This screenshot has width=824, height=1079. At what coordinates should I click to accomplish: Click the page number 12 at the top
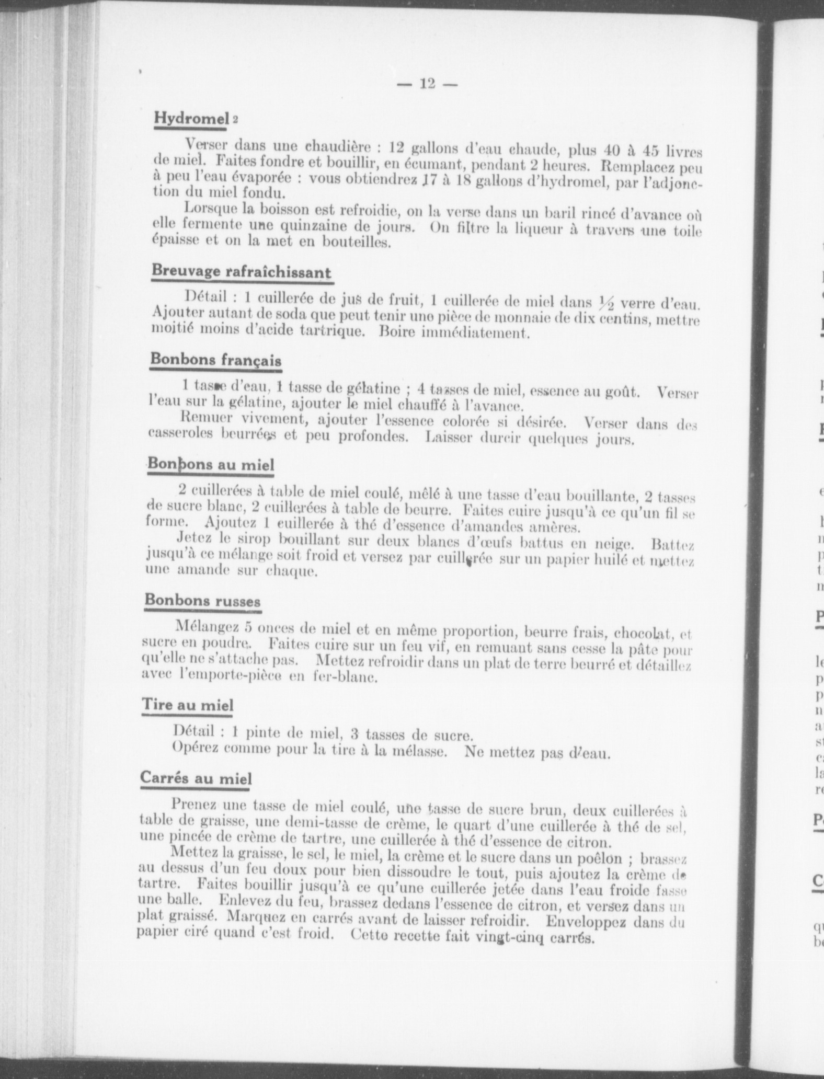pos(427,84)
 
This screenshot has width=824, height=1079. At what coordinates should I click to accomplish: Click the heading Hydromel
pos(191,119)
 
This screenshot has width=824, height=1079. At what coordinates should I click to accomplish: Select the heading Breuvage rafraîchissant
pos(241,272)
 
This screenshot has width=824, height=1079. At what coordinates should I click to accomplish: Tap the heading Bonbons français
pos(215,360)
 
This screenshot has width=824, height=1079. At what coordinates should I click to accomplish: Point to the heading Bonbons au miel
pos(210,464)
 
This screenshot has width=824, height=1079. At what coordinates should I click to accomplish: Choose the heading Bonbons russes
pos(202,600)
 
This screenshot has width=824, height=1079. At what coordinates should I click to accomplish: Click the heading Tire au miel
pos(188,705)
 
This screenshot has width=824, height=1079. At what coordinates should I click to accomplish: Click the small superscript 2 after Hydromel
pos(235,120)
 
